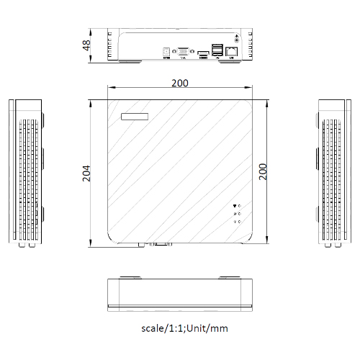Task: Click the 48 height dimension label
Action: coord(86,45)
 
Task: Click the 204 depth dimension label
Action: coord(86,172)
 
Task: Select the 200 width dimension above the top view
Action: coord(180,83)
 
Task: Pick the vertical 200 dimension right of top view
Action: coord(264,171)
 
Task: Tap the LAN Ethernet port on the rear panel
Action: coord(231,52)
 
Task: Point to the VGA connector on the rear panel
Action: coord(184,52)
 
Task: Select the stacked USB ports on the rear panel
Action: coord(217,51)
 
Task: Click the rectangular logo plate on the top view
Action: coord(135,115)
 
